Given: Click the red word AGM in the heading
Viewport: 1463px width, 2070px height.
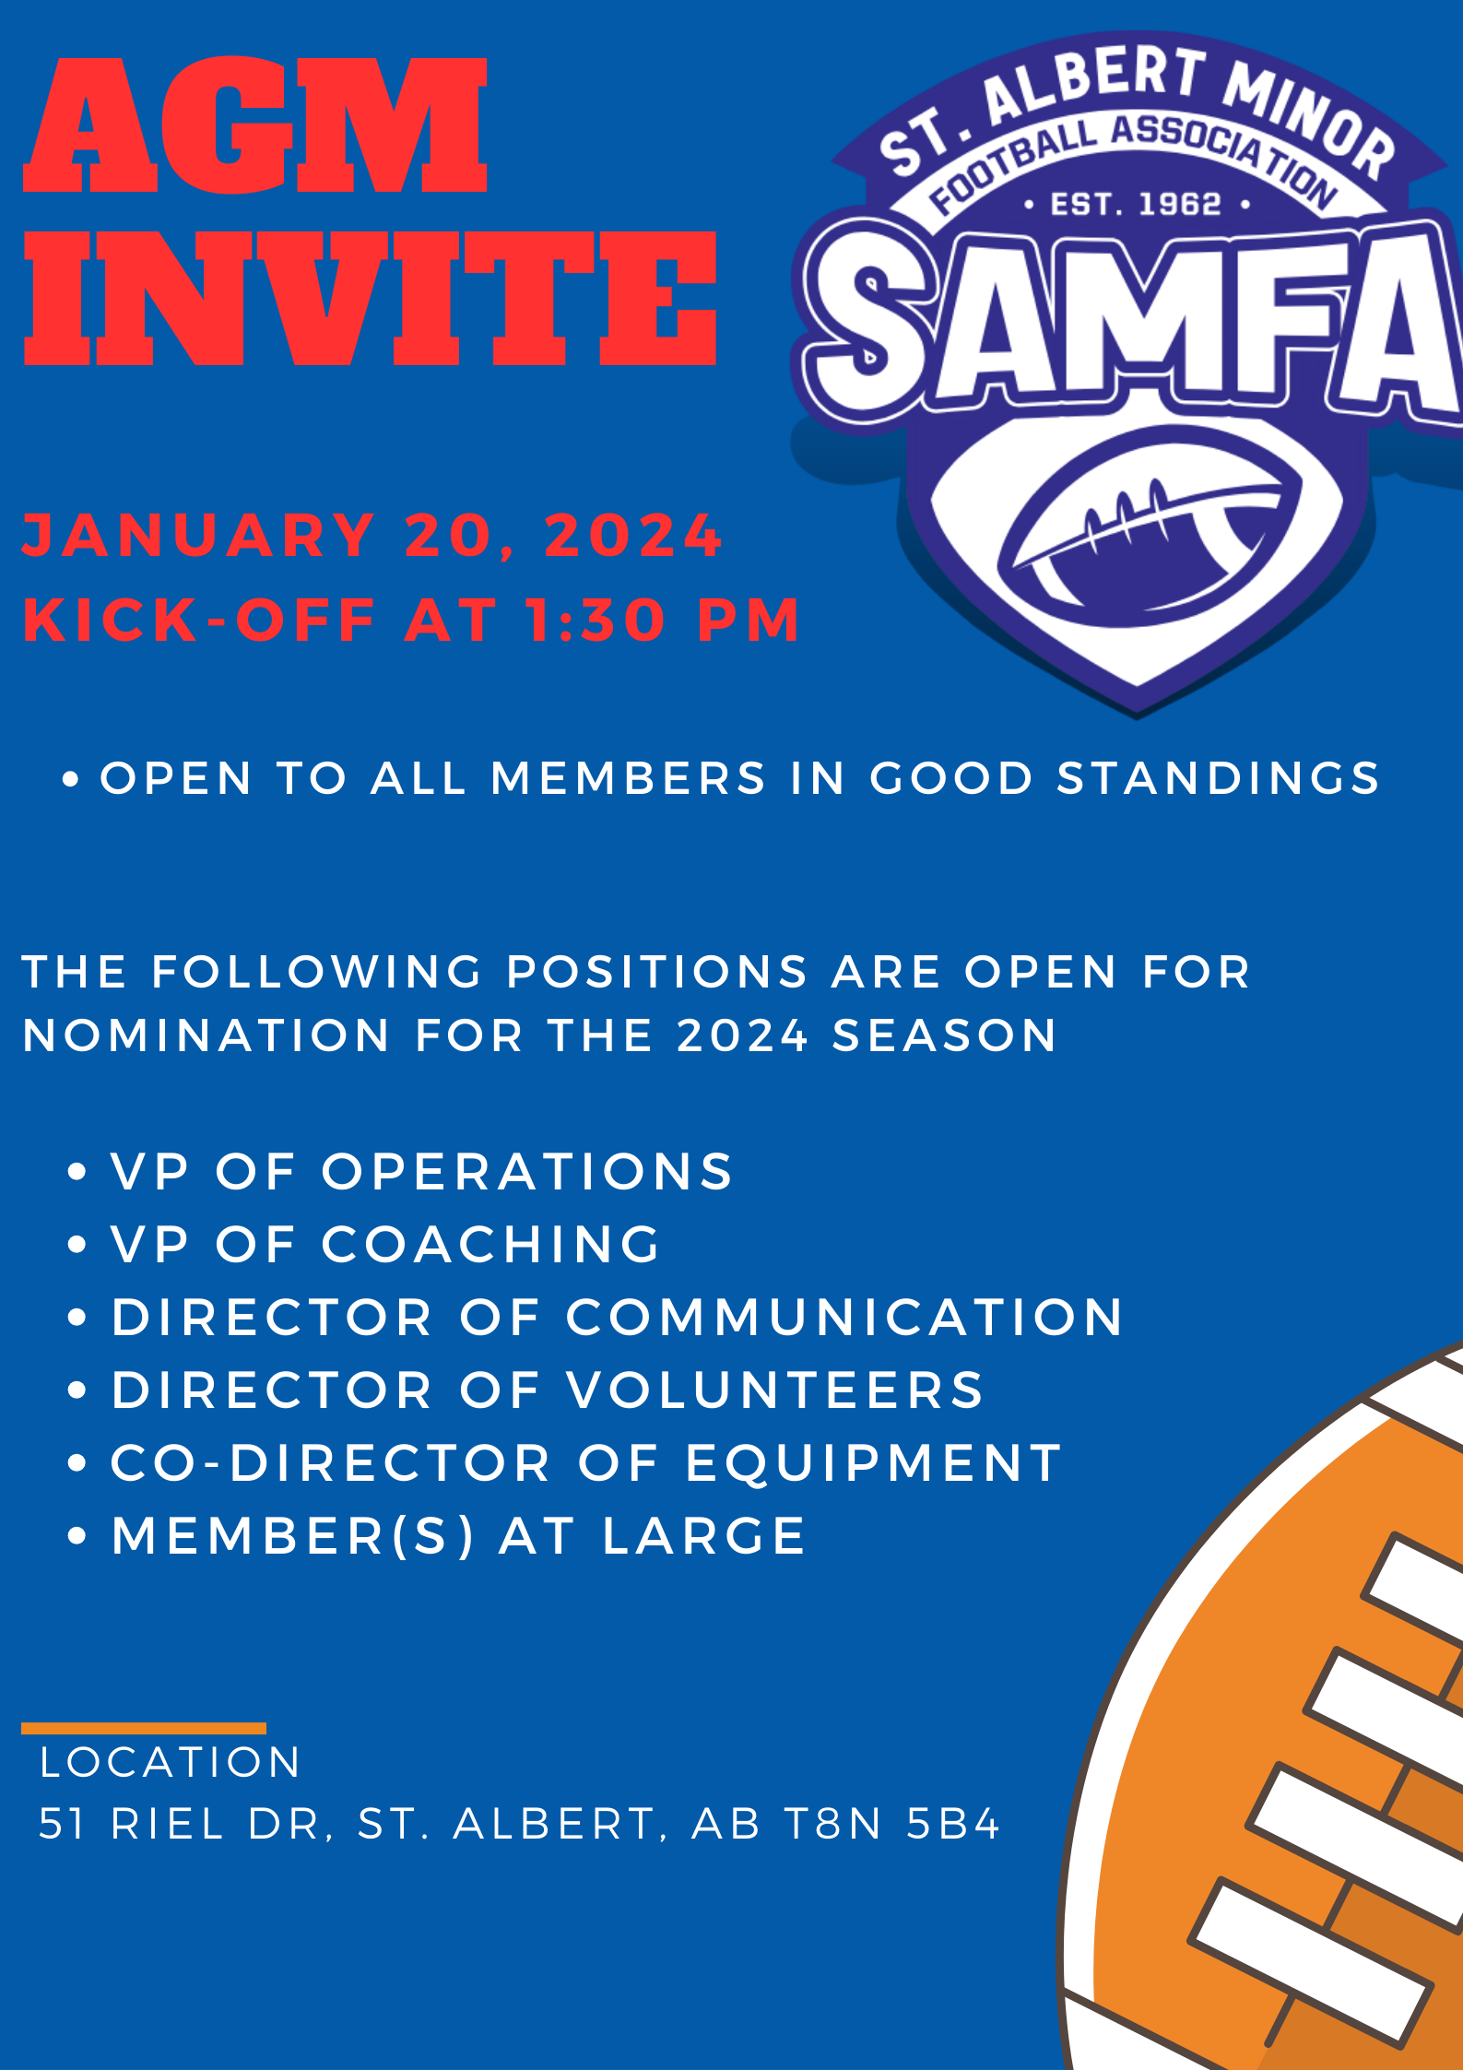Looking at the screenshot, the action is [x=255, y=124].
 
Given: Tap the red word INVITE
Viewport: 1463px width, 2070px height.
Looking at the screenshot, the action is [x=371, y=298].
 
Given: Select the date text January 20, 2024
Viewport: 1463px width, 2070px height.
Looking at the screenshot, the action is [x=372, y=536].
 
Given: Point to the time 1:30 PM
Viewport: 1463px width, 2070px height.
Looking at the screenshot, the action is [x=663, y=620].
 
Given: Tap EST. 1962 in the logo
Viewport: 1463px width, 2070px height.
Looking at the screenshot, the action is [x=1137, y=204].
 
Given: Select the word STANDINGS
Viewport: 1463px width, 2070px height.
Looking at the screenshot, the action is [x=1218, y=778].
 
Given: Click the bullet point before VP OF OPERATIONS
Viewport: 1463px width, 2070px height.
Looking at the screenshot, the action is [x=77, y=1173].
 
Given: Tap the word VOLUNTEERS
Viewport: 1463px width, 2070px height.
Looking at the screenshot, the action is [x=775, y=1390].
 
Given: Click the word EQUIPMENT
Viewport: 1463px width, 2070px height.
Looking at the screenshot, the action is [x=874, y=1463].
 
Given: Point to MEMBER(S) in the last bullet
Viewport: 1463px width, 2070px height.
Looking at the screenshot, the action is [x=293, y=1537].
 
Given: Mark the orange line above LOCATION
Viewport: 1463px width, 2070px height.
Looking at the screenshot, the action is [x=144, y=1728].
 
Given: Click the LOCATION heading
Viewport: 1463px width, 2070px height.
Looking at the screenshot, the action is [x=171, y=1762].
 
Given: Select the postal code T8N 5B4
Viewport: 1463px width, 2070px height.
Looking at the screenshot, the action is [x=891, y=1824].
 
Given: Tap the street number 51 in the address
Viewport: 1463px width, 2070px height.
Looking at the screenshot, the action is [x=63, y=1824].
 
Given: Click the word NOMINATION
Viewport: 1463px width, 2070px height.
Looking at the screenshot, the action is [x=206, y=1035].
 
